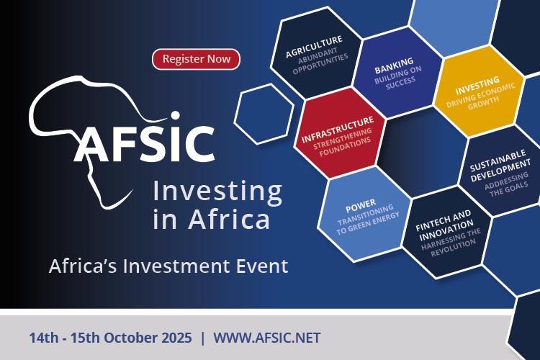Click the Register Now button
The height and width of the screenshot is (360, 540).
click(x=196, y=59)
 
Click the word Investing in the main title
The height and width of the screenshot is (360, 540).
click(x=217, y=192)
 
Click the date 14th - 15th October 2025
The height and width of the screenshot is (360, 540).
click(x=111, y=337)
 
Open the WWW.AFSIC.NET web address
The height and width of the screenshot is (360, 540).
click(x=266, y=337)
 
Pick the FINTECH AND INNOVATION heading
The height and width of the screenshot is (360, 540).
click(x=444, y=222)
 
